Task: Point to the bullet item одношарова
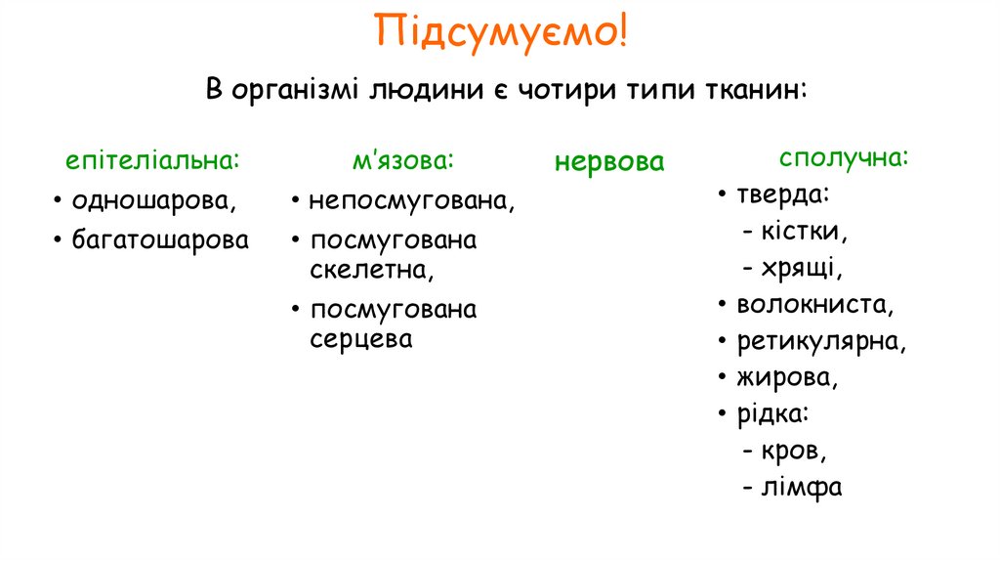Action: [154, 201]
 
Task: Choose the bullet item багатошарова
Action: [160, 239]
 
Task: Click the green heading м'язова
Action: [403, 159]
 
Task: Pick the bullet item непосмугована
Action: [411, 201]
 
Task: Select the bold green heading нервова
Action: [609, 161]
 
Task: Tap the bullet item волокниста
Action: [815, 304]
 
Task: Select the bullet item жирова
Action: [787, 377]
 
